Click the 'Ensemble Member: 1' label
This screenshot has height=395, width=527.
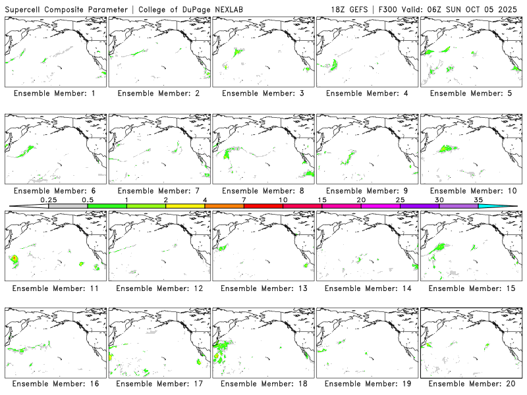[54, 93]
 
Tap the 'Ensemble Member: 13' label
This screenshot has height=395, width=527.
[262, 288]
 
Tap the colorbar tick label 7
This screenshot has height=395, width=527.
[244, 199]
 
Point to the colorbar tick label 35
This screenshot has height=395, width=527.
[478, 199]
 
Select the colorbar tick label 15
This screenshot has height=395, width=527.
[322, 199]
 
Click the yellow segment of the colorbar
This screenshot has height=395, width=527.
[185, 206]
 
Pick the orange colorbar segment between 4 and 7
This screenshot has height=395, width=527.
[224, 206]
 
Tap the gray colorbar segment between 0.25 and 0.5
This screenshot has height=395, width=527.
[68, 206]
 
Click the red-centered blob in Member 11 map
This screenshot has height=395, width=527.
[14, 257]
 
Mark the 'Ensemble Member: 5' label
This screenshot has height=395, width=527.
[470, 93]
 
